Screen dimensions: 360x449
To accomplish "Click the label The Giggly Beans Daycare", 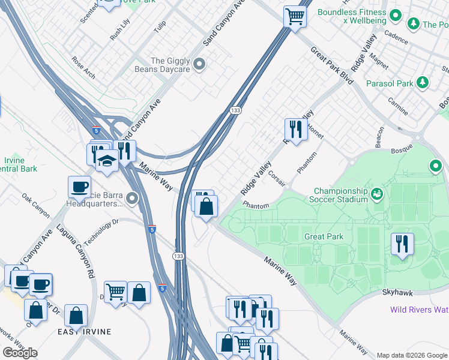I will click(170, 65).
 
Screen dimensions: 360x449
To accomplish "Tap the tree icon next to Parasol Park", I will click(423, 83).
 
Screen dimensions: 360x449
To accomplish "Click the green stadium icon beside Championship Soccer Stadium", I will click(377, 193).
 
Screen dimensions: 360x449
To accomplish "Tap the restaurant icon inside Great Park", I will click(402, 243).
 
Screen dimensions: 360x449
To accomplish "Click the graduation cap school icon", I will click(107, 161).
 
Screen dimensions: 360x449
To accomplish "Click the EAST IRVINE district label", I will click(84, 331).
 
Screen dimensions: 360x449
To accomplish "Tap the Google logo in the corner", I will click(20, 353).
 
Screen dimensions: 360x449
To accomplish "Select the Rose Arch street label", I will click(83, 68).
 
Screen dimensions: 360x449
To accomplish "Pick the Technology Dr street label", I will click(98, 232).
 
